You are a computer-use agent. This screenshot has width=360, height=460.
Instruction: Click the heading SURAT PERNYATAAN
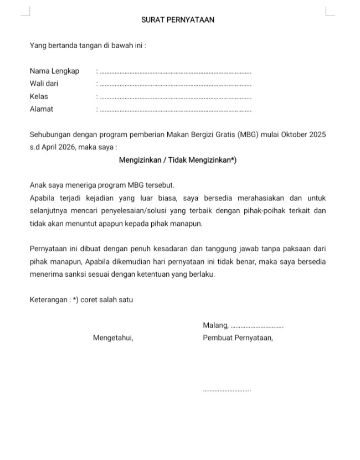tap(178, 20)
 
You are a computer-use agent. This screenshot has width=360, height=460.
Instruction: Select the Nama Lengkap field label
tap(54, 71)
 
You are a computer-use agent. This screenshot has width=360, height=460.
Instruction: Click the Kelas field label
tap(39, 96)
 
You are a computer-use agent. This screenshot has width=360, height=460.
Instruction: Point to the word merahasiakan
tap(262, 198)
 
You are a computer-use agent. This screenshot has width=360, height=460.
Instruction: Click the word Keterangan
tap(49, 300)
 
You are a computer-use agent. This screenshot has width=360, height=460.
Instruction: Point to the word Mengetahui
tap(113, 338)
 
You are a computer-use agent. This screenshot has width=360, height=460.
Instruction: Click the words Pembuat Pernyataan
tap(238, 338)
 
